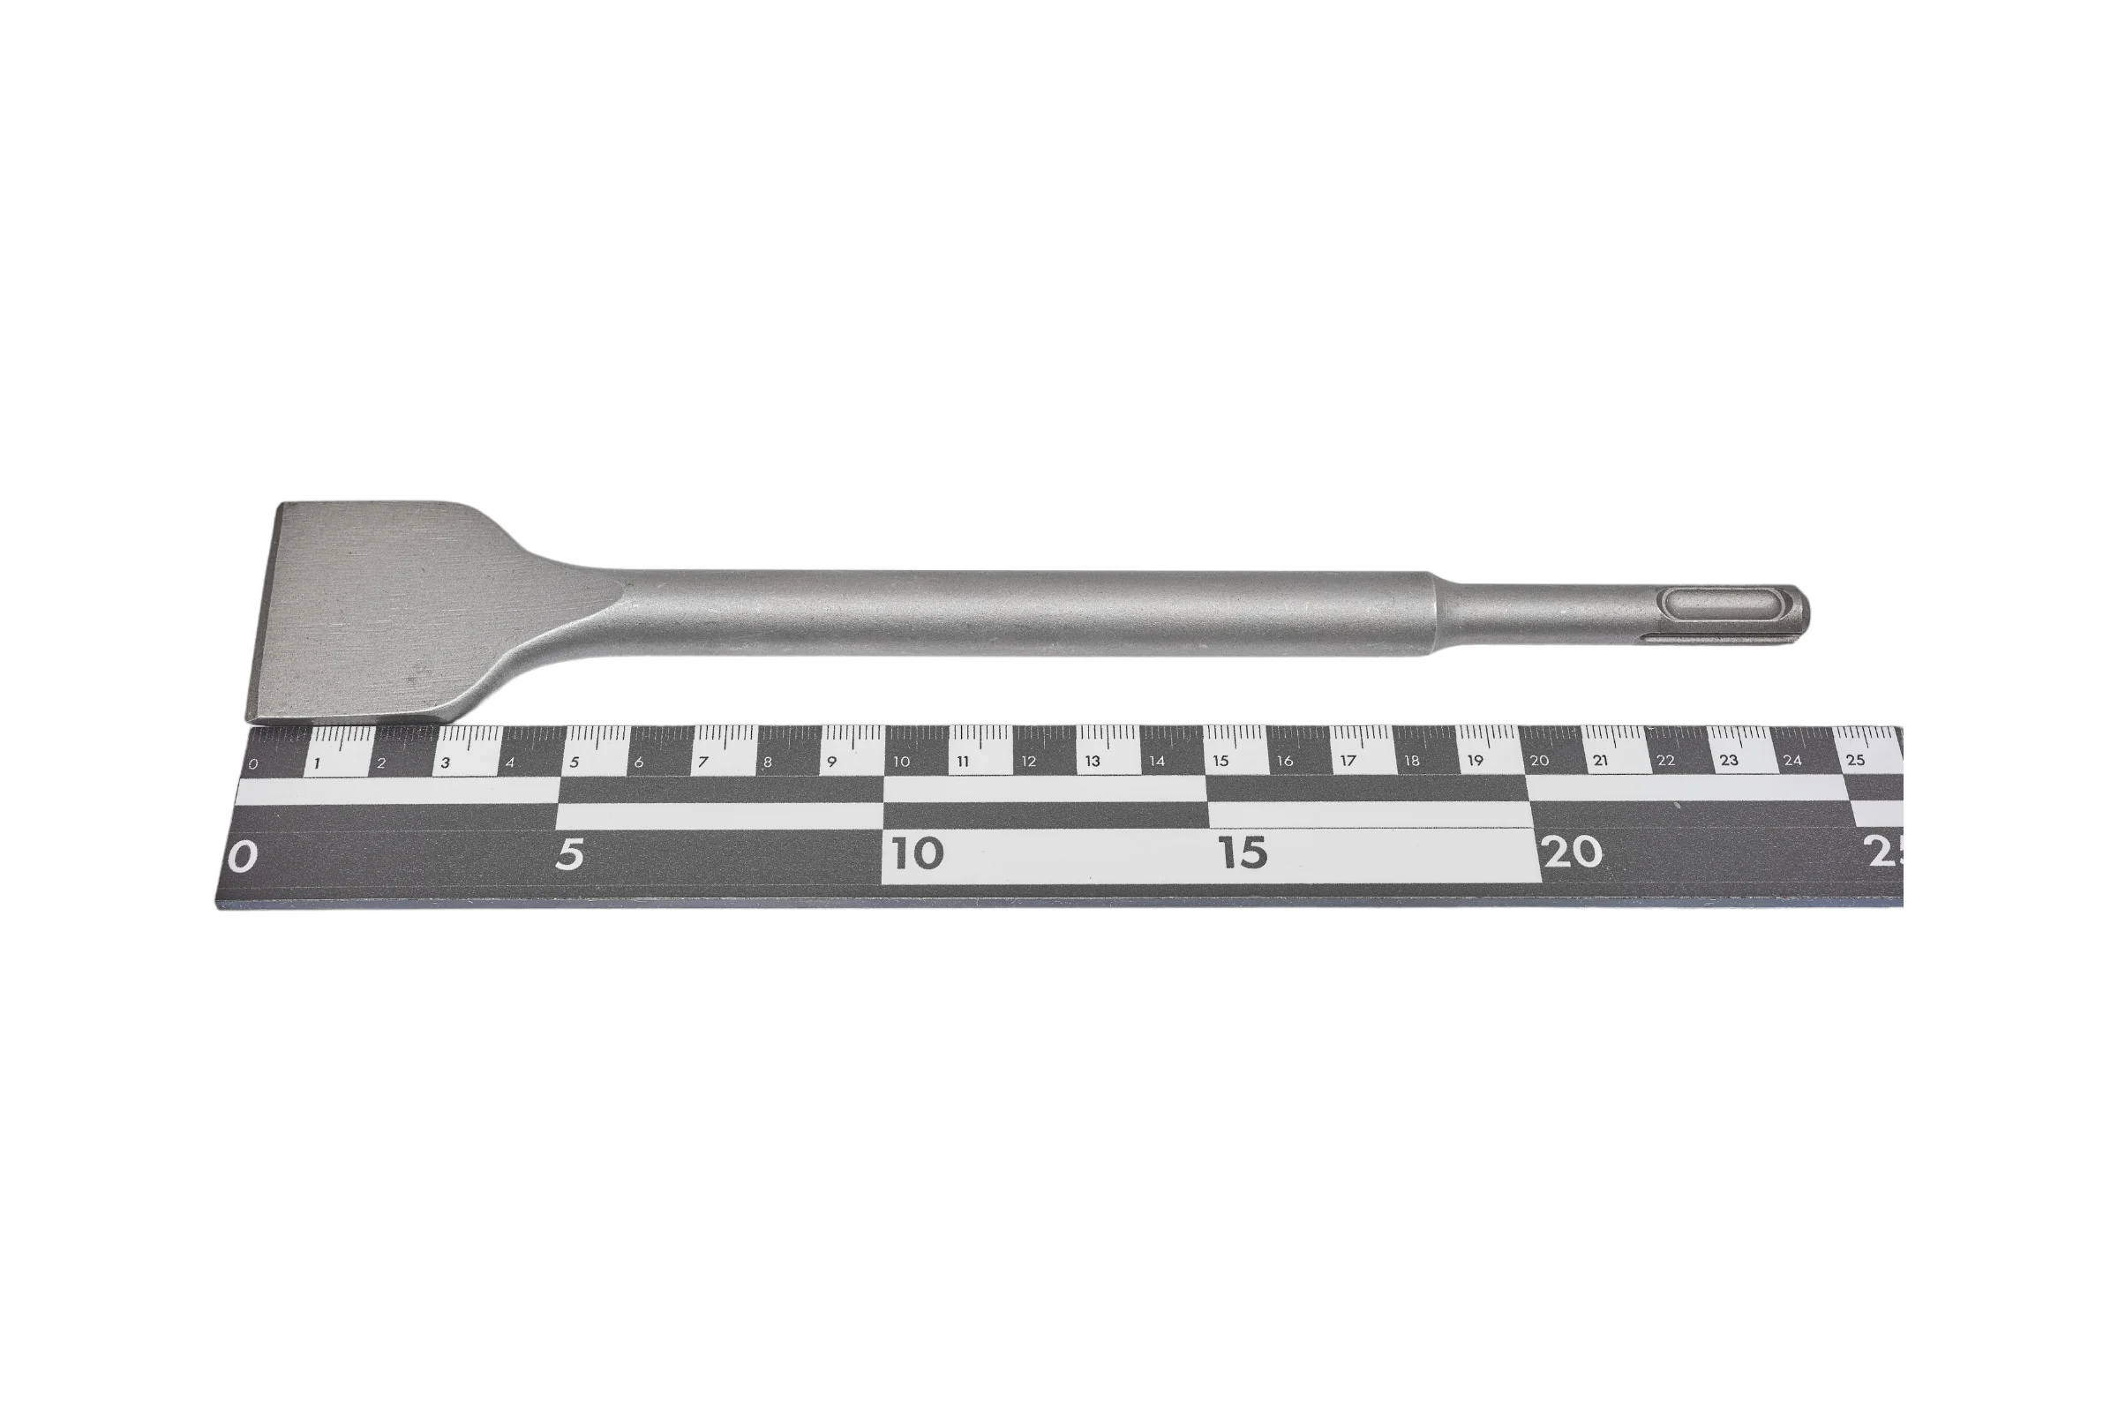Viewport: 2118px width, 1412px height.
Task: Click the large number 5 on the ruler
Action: [569, 853]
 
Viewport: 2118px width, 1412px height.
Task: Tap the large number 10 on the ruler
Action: [918, 852]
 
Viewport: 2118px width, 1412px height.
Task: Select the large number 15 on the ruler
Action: [1243, 852]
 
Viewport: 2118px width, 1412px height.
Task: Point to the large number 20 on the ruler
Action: [1573, 852]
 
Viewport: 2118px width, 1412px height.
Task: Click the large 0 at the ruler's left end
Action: [242, 855]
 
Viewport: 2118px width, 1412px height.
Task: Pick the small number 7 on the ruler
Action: [703, 762]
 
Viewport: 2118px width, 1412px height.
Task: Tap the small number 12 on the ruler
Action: [1028, 761]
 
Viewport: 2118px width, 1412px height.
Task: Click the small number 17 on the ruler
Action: [1348, 760]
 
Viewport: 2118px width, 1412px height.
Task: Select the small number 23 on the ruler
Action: [1729, 760]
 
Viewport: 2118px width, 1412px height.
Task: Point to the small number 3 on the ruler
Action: [445, 762]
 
